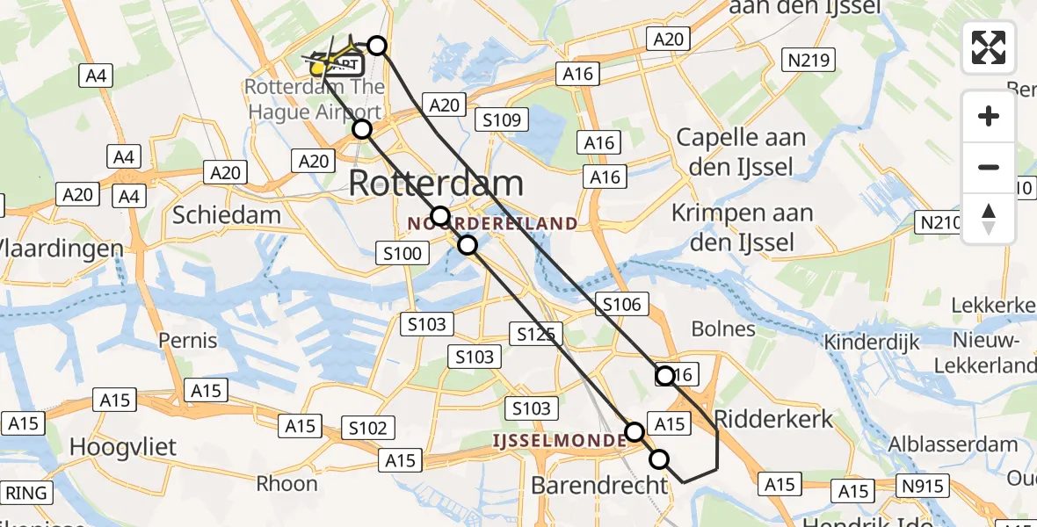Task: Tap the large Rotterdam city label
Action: click(x=436, y=184)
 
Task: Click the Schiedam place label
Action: click(x=227, y=215)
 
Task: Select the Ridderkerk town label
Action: click(x=773, y=418)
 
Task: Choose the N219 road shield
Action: click(x=807, y=61)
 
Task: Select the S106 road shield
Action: click(x=621, y=305)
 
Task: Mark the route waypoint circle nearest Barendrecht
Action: click(x=658, y=458)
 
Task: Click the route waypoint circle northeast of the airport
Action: click(x=376, y=46)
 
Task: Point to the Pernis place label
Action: click(x=188, y=339)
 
